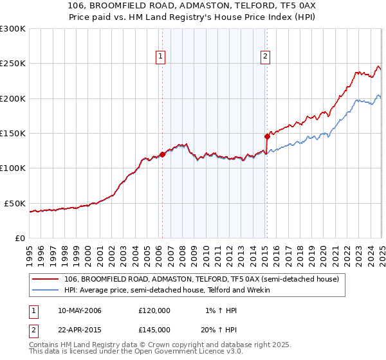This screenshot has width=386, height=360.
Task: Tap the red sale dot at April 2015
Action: click(267, 136)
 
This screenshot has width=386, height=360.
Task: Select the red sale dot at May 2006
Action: click(162, 154)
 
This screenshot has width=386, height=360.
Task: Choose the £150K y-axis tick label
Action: click(13, 133)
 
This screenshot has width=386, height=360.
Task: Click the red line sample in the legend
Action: click(46, 279)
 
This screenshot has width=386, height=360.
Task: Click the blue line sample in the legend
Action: click(46, 291)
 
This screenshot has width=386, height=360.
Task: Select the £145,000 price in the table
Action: click(154, 330)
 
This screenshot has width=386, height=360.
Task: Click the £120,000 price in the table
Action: click(154, 310)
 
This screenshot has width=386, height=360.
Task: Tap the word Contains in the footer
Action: click(45, 345)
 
